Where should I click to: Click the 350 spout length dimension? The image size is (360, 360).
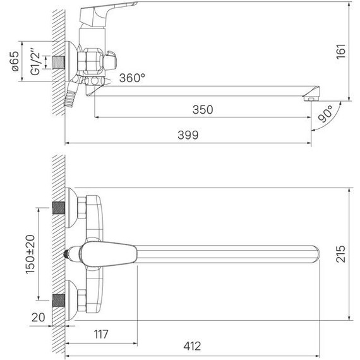203,109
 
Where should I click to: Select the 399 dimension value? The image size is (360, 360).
188,135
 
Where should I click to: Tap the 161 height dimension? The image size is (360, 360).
341,51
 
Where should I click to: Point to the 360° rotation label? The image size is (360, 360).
132,78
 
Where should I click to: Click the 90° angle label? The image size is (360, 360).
325,114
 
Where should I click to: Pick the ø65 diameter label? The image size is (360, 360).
15,61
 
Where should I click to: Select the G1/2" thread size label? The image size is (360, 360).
35,61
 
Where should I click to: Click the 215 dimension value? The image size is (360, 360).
340,254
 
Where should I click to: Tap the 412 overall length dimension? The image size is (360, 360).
192,346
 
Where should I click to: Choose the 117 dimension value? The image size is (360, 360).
101,334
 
